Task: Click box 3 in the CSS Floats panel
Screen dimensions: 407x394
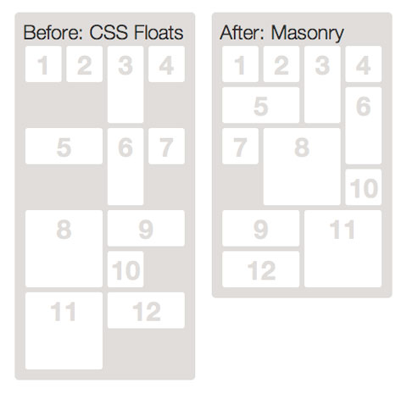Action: point(125,85)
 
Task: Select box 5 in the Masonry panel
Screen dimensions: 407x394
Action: point(260,105)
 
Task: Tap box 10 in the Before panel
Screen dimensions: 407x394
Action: point(125,269)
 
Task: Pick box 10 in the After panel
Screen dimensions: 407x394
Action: point(363,187)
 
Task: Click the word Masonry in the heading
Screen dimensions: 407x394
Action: point(308,33)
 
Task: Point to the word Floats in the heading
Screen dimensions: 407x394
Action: point(159,32)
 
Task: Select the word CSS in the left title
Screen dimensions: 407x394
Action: point(109,32)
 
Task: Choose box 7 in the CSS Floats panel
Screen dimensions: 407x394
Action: point(166,146)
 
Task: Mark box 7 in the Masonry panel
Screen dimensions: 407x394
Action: point(240,146)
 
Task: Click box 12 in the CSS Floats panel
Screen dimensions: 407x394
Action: point(146,310)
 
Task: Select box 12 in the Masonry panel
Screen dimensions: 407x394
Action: point(260,269)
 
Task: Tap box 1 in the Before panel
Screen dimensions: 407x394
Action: point(43,64)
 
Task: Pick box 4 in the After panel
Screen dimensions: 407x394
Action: point(363,64)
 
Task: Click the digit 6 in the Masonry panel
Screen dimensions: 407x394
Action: point(364,107)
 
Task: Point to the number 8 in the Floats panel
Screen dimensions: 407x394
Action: point(64,230)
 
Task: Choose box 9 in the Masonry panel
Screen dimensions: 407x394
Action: point(260,228)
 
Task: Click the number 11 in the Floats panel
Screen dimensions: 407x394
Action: point(64,312)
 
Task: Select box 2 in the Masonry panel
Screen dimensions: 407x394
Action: point(282,64)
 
